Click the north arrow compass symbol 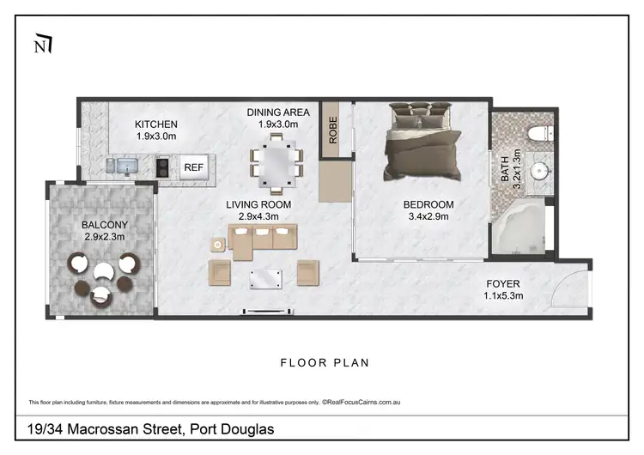[41, 44]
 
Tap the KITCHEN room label [156, 124]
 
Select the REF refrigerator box [193, 168]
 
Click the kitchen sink [122, 165]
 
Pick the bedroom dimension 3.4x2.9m [428, 217]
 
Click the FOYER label [503, 282]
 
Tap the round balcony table [103, 272]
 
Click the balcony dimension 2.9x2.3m [105, 237]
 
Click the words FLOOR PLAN [325, 362]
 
